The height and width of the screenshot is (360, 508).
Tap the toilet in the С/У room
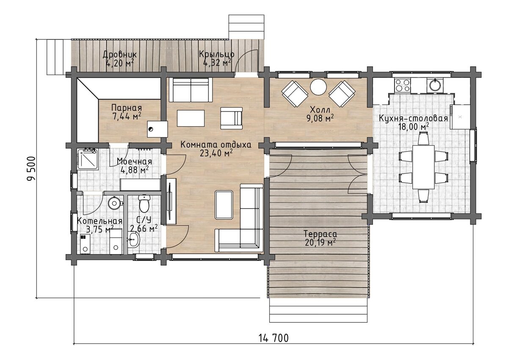pyautogui.click(x=144, y=203)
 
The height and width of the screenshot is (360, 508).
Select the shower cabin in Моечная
pyautogui.click(x=88, y=159)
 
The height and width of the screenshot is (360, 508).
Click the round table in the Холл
pyautogui.click(x=318, y=87)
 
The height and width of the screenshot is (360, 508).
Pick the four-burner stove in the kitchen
pyautogui.click(x=402, y=85)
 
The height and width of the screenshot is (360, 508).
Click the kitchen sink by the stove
pyautogui.click(x=434, y=85)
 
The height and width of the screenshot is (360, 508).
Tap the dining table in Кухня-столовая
pyautogui.click(x=423, y=167)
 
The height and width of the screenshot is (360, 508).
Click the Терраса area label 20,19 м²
pyautogui.click(x=320, y=243)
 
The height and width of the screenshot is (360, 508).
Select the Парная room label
pyautogui.click(x=127, y=108)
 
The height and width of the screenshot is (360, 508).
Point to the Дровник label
pyautogui.click(x=120, y=55)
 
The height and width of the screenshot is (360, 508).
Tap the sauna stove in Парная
pyautogui.click(x=157, y=129)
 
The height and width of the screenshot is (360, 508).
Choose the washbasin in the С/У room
pyautogui.click(x=134, y=239)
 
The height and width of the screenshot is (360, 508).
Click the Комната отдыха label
pyautogui.click(x=216, y=145)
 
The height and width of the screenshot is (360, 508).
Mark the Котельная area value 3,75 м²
pyautogui.click(x=100, y=230)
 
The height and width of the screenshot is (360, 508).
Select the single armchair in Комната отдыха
pyautogui.click(x=232, y=118)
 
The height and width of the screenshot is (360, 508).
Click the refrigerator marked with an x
pyautogui.click(x=460, y=117)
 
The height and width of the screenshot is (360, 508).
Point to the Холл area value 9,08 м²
pyautogui.click(x=320, y=118)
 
